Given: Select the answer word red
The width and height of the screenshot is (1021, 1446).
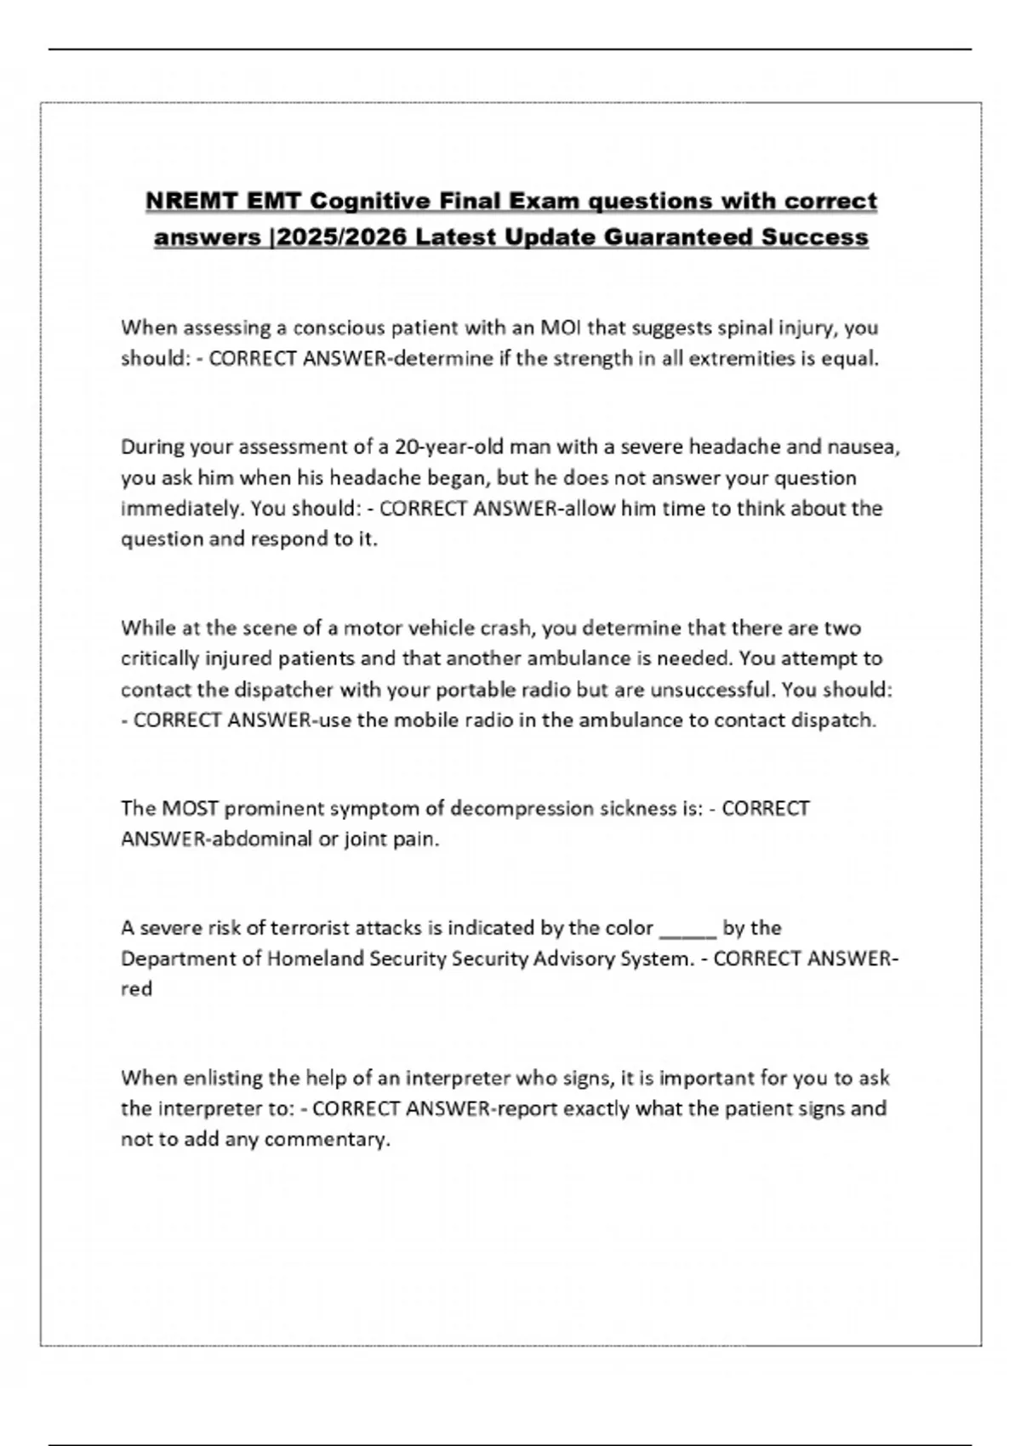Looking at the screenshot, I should (x=136, y=989).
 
